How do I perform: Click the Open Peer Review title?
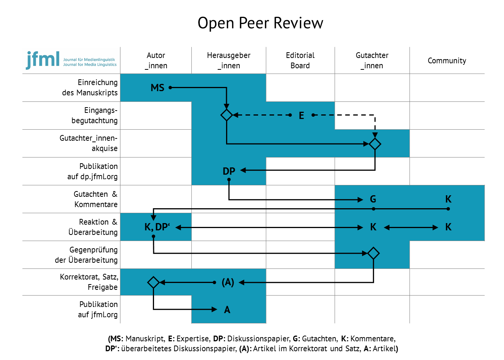click(x=260, y=23)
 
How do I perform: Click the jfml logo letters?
click(x=43, y=59)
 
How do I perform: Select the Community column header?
click(x=447, y=61)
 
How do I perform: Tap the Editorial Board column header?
click(x=300, y=60)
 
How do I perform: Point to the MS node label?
click(x=157, y=88)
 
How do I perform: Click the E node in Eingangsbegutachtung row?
click(x=302, y=116)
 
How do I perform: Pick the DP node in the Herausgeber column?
click(x=229, y=171)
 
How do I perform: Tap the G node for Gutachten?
click(x=373, y=199)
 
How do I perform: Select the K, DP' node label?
click(x=157, y=227)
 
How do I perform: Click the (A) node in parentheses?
click(x=228, y=282)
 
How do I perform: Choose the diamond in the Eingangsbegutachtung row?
click(x=226, y=115)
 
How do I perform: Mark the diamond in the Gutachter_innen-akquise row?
click(x=375, y=144)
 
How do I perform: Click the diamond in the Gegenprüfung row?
click(x=374, y=253)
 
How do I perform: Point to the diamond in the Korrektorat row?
click(x=154, y=282)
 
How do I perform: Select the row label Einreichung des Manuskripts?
click(x=90, y=88)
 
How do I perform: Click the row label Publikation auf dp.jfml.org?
click(x=93, y=171)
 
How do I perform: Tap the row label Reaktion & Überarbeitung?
click(x=93, y=227)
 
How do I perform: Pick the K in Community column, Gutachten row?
click(x=448, y=199)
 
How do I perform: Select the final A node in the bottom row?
click(x=227, y=310)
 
